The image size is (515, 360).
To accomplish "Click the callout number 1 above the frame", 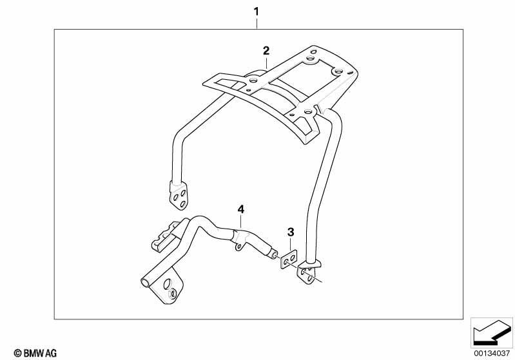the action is click(256, 12).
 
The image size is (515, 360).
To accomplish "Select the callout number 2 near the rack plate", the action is click(266, 51).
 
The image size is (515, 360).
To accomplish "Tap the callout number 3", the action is click(291, 232).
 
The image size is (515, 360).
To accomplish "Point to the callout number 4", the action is click(241, 209).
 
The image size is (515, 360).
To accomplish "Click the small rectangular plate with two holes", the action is click(289, 260).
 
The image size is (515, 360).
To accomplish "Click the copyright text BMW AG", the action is click(35, 353).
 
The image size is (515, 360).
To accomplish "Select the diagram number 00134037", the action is click(492, 353).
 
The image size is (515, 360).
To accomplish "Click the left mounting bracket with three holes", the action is click(179, 196).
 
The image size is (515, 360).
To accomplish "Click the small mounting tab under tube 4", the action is click(240, 246).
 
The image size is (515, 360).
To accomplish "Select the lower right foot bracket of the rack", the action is click(309, 272).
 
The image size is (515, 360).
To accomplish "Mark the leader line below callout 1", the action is click(257, 23).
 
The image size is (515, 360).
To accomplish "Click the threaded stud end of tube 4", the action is click(273, 254).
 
